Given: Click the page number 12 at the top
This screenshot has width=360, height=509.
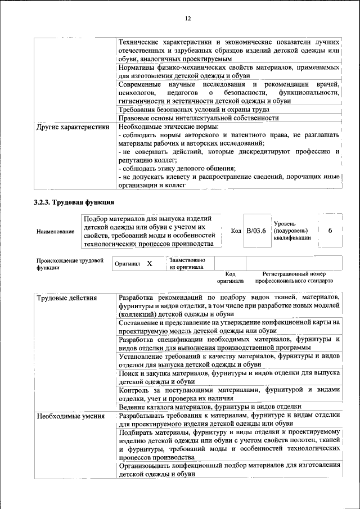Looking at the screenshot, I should click(x=188, y=19).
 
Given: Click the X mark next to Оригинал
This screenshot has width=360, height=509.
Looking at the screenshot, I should click(x=149, y=263).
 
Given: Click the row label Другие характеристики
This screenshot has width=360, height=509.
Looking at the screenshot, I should click(x=73, y=127).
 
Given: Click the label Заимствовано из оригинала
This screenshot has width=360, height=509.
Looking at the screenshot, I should click(x=187, y=264).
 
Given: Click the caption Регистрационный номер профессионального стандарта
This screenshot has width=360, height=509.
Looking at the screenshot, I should click(x=294, y=277).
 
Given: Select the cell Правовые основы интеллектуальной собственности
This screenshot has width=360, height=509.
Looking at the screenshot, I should click(x=199, y=118).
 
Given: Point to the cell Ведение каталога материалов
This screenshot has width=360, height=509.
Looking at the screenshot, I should click(x=210, y=406).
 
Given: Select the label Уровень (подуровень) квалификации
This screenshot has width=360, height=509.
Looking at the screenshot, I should click(x=291, y=231).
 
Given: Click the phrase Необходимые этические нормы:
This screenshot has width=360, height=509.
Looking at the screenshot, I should click(x=168, y=127).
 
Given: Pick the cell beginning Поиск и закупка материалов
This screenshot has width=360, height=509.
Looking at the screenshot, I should click(x=229, y=377).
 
